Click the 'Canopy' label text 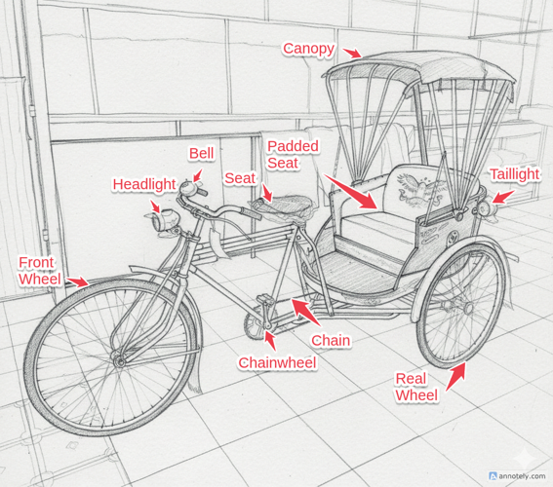(x=308, y=50)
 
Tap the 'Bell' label (x=201, y=154)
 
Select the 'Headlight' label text (x=144, y=184)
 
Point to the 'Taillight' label (x=515, y=174)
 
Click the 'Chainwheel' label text (x=277, y=363)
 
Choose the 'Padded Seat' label (x=293, y=155)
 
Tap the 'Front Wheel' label (x=40, y=271)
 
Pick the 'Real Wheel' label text (x=416, y=387)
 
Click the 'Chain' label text (x=331, y=341)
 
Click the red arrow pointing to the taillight (x=503, y=197)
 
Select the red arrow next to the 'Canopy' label (x=352, y=54)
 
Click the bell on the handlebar (x=187, y=188)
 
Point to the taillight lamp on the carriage (x=486, y=209)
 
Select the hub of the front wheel (x=119, y=360)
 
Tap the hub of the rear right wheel (x=467, y=308)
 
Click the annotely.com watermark (x=518, y=476)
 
